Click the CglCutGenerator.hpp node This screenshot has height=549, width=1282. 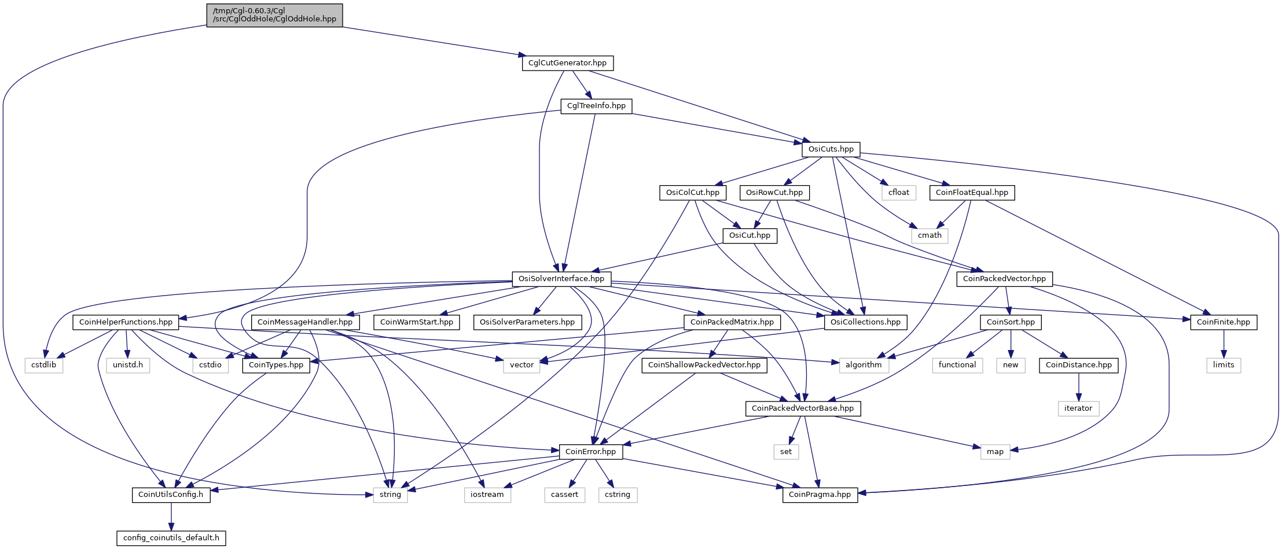click(x=567, y=63)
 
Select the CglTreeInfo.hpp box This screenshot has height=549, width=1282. click(x=596, y=106)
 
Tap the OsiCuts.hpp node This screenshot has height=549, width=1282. click(x=831, y=149)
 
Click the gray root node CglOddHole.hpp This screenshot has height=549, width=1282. click(x=274, y=15)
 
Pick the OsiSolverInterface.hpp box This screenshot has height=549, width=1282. click(x=561, y=279)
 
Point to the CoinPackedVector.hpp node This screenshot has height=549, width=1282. click(x=1004, y=279)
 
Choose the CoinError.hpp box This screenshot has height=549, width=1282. click(x=590, y=452)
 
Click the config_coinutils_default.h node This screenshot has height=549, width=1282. click(x=171, y=538)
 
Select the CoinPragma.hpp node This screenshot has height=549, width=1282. click(x=820, y=495)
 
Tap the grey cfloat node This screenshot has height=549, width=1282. click(x=899, y=193)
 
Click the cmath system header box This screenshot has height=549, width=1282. click(x=930, y=235)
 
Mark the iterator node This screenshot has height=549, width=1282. click(x=1078, y=408)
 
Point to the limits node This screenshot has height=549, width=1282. click(x=1224, y=365)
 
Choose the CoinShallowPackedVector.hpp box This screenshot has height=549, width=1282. click(x=704, y=365)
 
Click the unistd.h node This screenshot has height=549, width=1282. click(x=128, y=365)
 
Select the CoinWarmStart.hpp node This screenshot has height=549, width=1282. click(x=417, y=322)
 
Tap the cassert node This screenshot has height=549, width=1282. click(x=564, y=495)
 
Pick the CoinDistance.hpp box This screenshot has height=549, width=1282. click(x=1079, y=365)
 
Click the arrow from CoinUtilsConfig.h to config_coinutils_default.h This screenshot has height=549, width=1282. click(x=171, y=517)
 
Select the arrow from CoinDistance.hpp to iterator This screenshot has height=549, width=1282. click(x=1078, y=387)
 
